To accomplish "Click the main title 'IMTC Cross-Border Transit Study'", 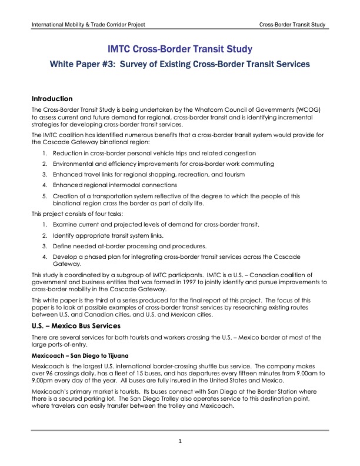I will point(179,49).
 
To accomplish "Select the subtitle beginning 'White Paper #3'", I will point(179,64).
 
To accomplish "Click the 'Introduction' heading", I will point(52,99).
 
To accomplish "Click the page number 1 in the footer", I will point(180,441).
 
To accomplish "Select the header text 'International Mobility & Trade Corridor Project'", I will point(88,25).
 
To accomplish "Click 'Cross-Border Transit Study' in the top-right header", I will point(292,25).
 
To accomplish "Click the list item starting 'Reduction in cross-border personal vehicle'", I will point(154,153).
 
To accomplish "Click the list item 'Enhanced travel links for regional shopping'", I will point(148,175).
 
